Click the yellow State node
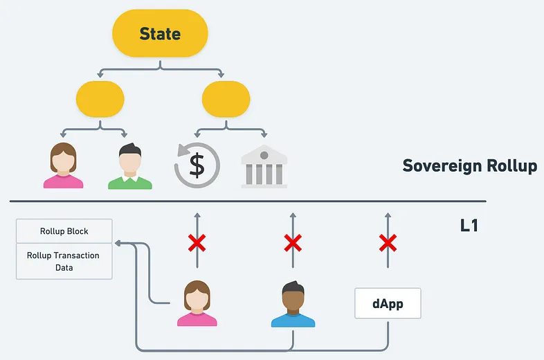[x=160, y=33]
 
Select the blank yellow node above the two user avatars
[x=100, y=99]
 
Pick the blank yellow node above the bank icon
[x=226, y=99]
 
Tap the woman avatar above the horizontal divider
[x=63, y=165]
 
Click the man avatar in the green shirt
[x=130, y=166]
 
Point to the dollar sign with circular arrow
[x=197, y=165]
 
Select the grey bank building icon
[x=264, y=167]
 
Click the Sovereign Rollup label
[x=470, y=165]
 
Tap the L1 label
[x=469, y=226]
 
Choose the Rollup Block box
[x=64, y=231]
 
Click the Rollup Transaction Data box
[x=64, y=261]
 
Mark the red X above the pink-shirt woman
[x=197, y=243]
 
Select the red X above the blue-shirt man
[x=293, y=243]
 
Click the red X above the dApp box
[x=388, y=243]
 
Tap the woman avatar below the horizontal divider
[x=197, y=303]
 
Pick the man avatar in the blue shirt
[x=293, y=304]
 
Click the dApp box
[x=388, y=303]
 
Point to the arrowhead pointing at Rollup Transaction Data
[x=118, y=244]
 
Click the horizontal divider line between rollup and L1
[x=248, y=201]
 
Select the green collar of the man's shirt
[x=130, y=179]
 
